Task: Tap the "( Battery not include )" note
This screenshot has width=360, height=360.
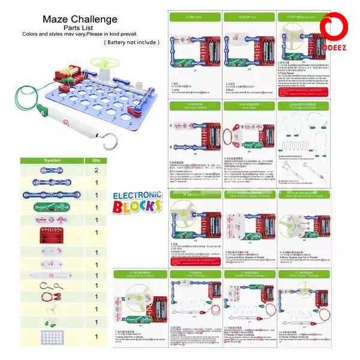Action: [131, 42]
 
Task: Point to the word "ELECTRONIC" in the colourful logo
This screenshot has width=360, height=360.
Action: [137, 196]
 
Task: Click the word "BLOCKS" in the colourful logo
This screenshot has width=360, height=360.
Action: [139, 206]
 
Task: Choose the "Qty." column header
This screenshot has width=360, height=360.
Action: [95, 160]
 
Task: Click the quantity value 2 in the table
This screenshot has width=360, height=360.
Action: [95, 170]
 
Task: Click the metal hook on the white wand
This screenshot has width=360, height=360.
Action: [109, 145]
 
